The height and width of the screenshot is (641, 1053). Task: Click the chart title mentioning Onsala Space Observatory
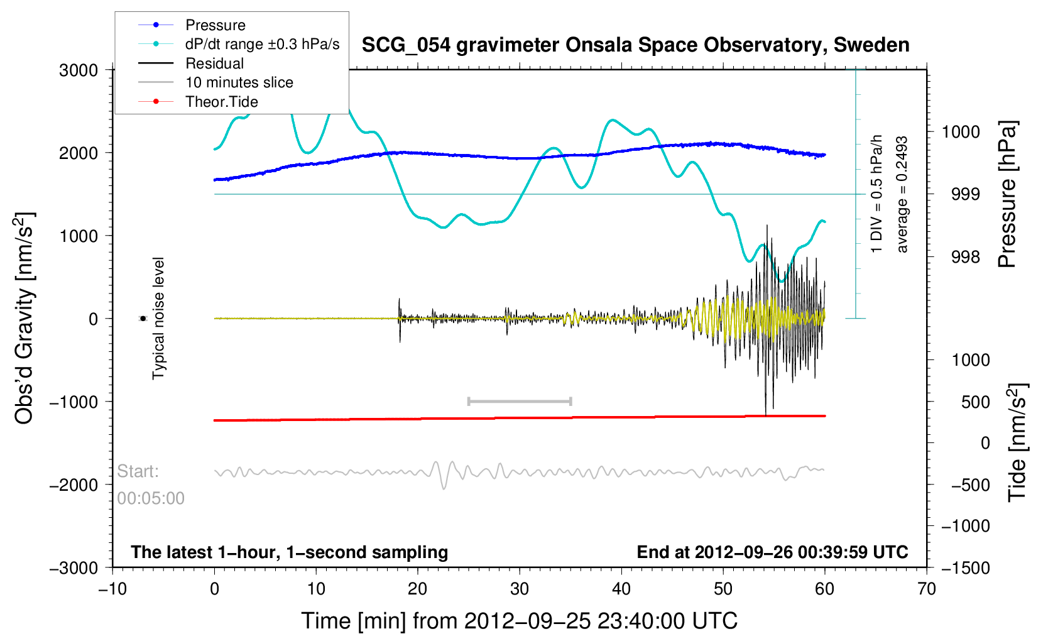635,45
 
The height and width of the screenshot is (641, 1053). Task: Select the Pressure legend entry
215,25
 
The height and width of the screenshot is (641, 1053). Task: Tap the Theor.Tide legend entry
221,102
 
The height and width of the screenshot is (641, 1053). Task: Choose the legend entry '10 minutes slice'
239,82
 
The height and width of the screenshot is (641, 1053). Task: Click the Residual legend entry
214,63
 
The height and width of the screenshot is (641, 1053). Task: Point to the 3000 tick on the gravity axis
79,70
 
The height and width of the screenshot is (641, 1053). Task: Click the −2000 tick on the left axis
74,485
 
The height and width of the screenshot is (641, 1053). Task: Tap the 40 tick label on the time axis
621,589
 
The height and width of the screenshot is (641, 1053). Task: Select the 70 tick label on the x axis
926,589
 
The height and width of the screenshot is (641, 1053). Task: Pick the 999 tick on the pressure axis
966,194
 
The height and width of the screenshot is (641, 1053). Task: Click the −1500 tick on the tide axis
965,567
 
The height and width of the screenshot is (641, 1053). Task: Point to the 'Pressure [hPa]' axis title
1007,194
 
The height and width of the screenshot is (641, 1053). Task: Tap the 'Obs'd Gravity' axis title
25,319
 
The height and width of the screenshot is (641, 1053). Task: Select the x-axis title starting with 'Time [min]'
519,621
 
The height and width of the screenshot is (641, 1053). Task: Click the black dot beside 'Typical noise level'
143,319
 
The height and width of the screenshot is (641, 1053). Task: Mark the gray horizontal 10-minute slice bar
520,401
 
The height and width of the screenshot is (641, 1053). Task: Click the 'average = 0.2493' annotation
902,194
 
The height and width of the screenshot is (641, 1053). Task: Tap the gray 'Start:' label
138,471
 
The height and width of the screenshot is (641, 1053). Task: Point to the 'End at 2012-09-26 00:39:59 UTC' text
772,552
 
